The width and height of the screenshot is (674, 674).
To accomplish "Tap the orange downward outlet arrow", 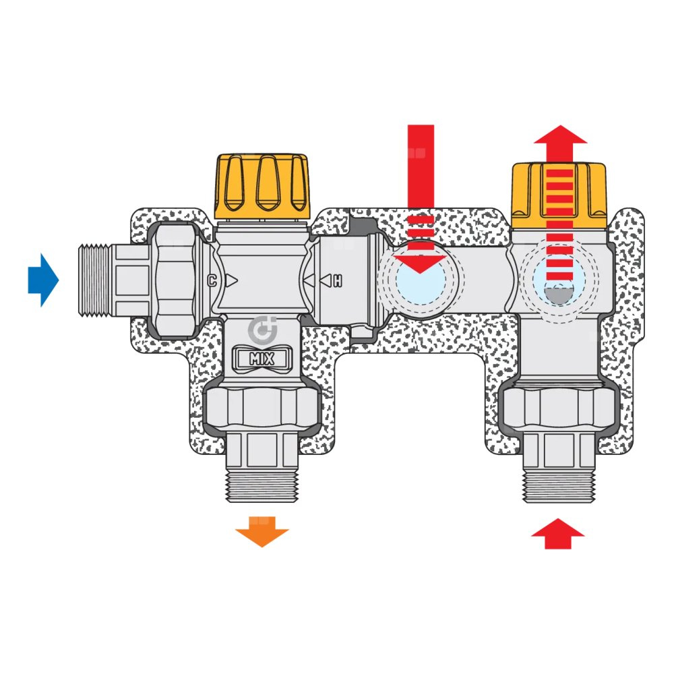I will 262,531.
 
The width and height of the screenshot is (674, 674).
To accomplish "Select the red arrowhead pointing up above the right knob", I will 560,134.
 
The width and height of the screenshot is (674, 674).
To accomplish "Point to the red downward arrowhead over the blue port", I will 421,262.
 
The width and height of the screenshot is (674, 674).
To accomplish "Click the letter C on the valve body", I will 212,280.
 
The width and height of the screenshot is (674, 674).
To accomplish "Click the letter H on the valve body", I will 337,280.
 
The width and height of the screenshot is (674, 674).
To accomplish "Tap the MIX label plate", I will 262,359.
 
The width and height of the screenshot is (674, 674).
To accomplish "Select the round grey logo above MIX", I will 261,331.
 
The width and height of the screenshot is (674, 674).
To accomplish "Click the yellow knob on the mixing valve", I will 262,186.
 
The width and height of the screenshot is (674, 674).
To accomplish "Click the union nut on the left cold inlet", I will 177,280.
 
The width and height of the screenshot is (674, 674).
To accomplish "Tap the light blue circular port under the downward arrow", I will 421,283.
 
